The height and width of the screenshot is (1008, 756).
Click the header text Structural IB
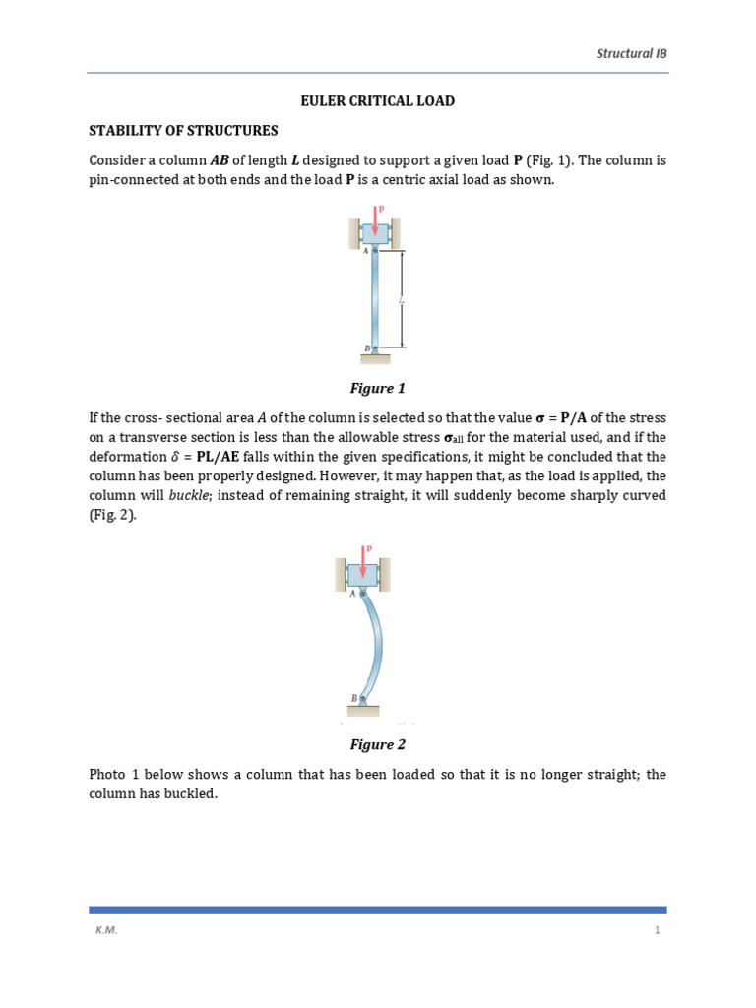[632, 53]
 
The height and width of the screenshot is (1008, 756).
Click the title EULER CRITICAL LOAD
[377, 101]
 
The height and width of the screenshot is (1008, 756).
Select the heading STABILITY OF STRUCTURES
[184, 130]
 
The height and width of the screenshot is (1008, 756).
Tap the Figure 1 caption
[377, 388]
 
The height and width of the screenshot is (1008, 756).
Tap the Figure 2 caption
[377, 744]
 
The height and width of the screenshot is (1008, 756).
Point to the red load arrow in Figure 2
[364, 561]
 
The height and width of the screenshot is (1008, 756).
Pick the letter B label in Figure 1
[365, 348]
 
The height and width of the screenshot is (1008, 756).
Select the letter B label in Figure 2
[353, 698]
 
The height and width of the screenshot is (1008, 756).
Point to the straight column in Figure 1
[375, 300]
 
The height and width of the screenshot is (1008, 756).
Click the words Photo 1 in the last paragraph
[114, 775]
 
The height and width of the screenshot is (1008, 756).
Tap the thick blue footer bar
[377, 910]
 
